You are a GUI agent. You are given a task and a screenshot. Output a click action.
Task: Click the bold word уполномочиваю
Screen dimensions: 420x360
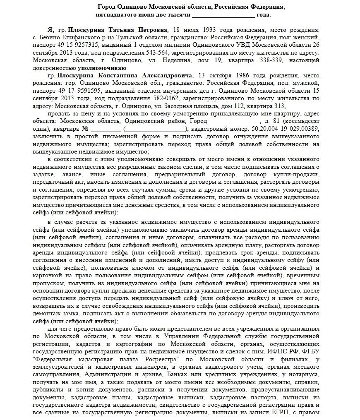point(102,68)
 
